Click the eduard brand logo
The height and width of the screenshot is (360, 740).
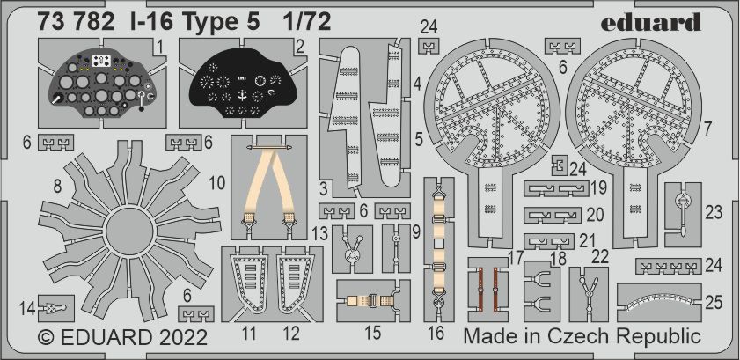[650, 23]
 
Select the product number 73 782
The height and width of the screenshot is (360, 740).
[76, 22]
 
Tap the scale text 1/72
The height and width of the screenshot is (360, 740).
[307, 22]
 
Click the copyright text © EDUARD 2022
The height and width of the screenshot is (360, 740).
[122, 337]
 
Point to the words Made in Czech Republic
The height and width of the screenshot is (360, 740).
[582, 336]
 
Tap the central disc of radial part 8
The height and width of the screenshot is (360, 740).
[128, 231]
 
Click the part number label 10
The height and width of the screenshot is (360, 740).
[217, 184]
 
